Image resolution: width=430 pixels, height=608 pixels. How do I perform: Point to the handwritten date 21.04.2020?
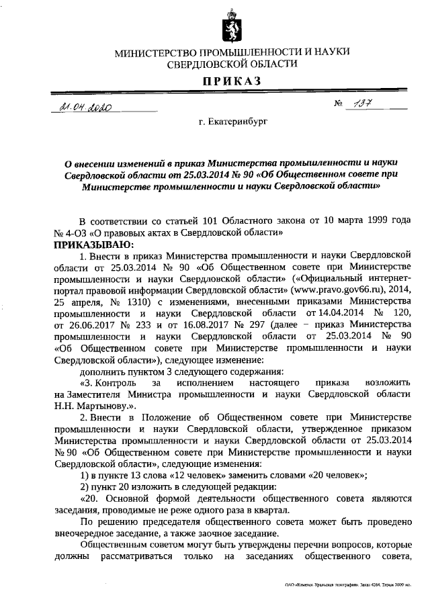85,106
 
